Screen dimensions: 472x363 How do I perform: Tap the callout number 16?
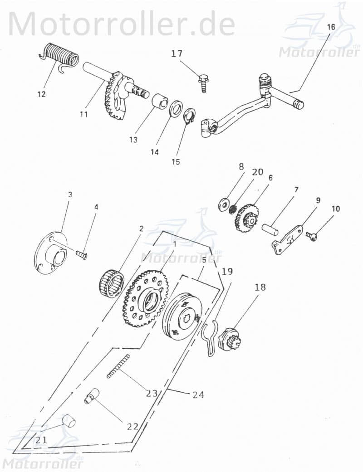pos(331,27)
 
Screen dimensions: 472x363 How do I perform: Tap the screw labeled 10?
pos(312,236)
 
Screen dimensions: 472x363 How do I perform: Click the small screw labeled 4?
pos(82,255)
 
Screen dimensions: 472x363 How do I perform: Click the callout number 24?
pos(197,394)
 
